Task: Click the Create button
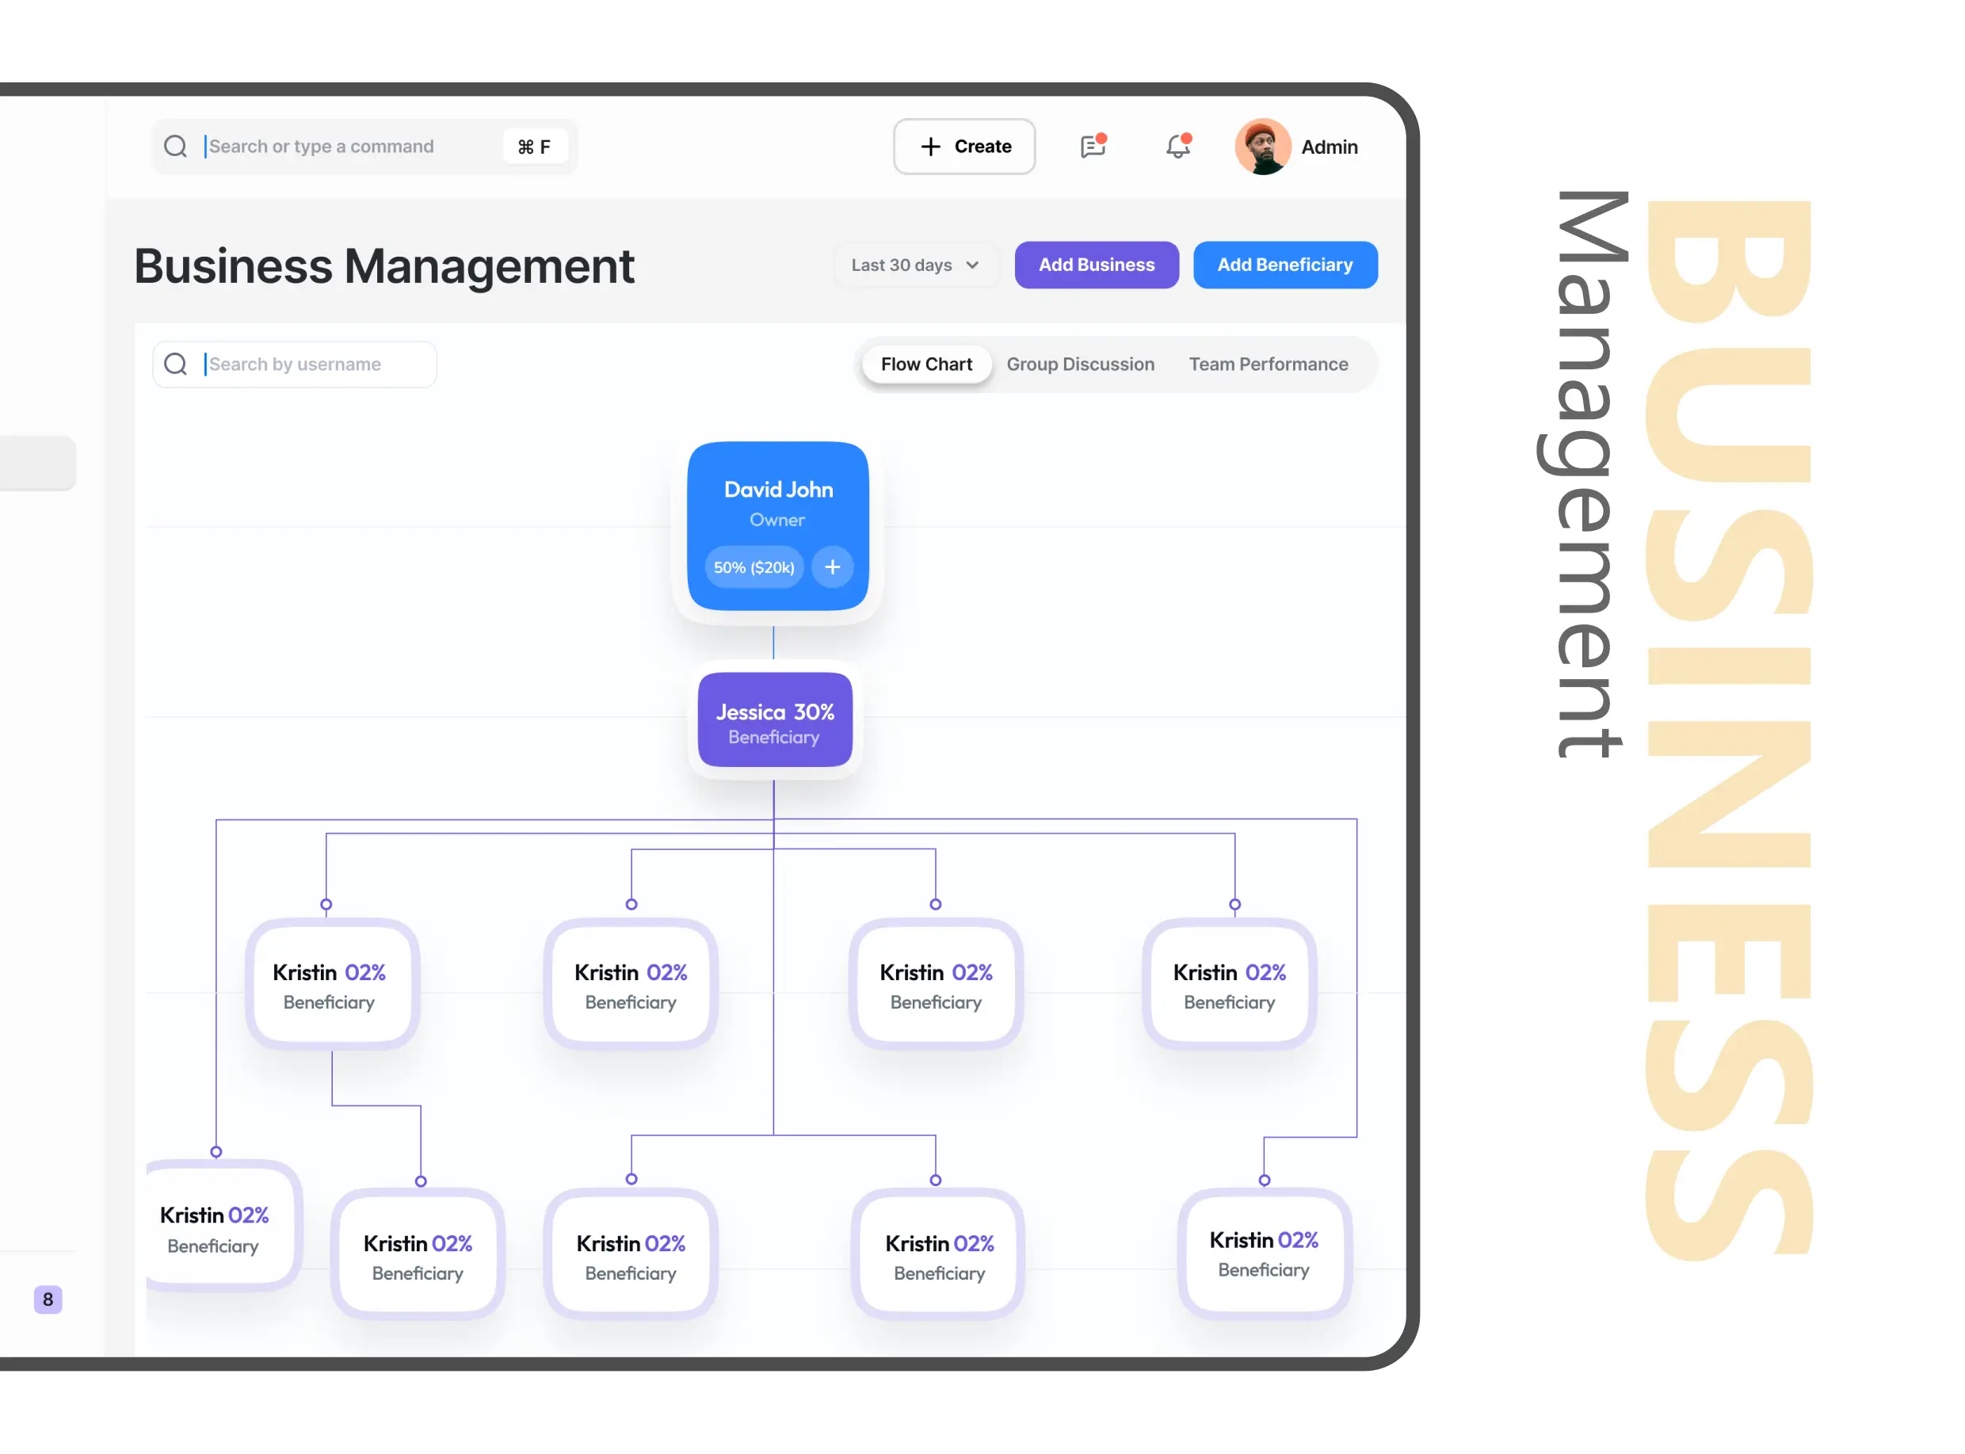coord(963,146)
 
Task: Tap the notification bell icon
coord(1177,145)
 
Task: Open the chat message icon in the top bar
coord(1093,145)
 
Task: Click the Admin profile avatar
coord(1263,146)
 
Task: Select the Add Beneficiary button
coord(1284,265)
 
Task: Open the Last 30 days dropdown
coord(915,265)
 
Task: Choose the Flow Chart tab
coord(926,364)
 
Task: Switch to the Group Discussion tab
coord(1080,364)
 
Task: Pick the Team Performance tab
coord(1268,364)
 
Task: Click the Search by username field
coord(295,364)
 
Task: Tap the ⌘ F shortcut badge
coord(534,147)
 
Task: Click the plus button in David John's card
coord(833,567)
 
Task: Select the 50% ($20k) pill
coord(754,567)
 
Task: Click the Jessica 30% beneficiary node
coord(774,720)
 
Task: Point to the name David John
coord(778,490)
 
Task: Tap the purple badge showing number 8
coord(48,1299)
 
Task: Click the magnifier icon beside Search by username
coord(176,364)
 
